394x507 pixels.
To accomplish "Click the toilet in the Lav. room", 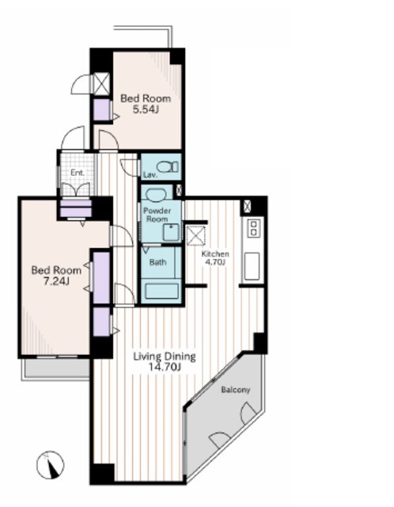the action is (167, 167).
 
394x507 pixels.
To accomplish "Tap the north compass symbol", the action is (50, 465).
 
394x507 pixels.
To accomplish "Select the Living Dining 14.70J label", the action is (165, 362).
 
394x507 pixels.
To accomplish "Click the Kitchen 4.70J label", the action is (215, 258).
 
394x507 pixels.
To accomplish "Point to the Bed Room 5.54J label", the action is (146, 104).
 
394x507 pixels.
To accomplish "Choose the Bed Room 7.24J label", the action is (56, 276).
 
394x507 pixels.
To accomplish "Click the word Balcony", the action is (236, 390).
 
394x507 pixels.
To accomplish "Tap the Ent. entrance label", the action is (78, 173).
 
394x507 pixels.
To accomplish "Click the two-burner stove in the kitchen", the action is (253, 227).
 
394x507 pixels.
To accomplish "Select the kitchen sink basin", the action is (252, 266).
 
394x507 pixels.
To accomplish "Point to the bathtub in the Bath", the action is (162, 291).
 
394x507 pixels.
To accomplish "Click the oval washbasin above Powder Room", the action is (156, 195).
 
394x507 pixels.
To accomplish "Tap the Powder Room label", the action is (157, 215).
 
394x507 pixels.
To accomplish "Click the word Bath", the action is (158, 262).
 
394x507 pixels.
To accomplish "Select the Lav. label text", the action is (150, 175).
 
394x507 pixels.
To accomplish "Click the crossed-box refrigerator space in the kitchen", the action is (195, 234).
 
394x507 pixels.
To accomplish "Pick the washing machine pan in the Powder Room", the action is (171, 232).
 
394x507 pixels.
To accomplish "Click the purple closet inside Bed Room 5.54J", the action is (102, 110).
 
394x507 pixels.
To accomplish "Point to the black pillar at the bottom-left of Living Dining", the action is (102, 474).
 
